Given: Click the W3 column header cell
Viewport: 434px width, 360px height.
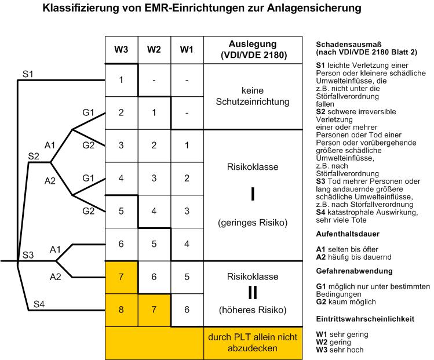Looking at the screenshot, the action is [x=122, y=50].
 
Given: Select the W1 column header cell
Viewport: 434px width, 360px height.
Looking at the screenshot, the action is [x=187, y=50].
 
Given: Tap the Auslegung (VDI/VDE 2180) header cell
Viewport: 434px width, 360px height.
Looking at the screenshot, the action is [x=253, y=50].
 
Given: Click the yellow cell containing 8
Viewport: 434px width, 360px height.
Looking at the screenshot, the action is [x=122, y=310].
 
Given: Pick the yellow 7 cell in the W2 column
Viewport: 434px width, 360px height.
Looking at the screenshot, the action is [x=154, y=310].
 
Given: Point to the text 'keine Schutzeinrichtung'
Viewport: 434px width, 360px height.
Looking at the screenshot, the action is [x=253, y=96].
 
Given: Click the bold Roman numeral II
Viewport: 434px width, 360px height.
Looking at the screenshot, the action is [x=253, y=293].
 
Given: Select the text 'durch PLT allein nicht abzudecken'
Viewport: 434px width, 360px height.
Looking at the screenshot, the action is [x=253, y=343].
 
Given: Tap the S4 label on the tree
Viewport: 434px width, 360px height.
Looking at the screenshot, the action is [x=39, y=304].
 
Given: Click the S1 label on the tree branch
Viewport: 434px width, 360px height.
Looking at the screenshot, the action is [x=28, y=74].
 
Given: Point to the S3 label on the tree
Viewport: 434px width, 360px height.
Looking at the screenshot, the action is [x=28, y=255].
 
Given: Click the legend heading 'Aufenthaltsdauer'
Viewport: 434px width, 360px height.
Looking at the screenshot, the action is [x=348, y=234].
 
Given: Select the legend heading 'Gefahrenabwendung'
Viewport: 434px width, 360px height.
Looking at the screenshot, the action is [x=354, y=271].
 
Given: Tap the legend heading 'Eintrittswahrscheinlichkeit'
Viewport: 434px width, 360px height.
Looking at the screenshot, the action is [x=365, y=319].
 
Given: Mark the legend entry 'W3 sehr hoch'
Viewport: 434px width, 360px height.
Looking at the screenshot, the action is [x=340, y=350].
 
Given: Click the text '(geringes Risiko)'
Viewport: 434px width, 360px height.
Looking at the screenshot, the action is [x=253, y=223].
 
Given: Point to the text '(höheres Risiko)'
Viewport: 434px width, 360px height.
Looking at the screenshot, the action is [x=253, y=310].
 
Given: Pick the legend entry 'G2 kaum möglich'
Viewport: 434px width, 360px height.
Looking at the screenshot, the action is [x=346, y=302].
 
